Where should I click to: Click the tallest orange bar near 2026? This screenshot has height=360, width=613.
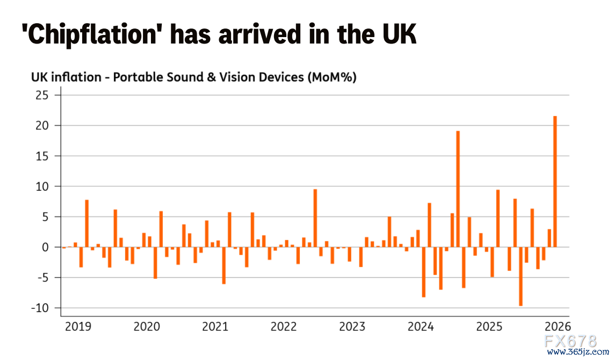click(555, 182)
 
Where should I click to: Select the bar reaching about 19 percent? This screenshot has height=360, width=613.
click(458, 189)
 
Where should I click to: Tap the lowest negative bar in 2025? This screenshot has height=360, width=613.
click(521, 276)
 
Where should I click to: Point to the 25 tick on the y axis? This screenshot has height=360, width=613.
click(42, 95)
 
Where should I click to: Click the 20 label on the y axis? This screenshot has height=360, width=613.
click(42, 126)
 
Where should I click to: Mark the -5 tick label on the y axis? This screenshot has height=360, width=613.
click(41, 278)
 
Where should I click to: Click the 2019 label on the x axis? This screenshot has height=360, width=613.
click(78, 326)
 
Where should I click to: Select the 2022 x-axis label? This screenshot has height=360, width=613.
click(284, 326)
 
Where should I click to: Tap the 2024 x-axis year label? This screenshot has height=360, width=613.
click(421, 326)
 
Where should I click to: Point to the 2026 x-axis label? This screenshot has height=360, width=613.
click(558, 326)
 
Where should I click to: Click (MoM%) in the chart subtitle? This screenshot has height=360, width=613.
click(333, 77)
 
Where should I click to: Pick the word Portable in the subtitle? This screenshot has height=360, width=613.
click(138, 77)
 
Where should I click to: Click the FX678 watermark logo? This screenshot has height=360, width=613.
click(571, 341)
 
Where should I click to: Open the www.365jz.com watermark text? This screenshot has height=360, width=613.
click(578, 352)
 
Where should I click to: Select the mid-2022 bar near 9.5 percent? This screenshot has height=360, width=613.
click(315, 218)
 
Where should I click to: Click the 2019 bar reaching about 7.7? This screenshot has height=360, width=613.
click(87, 224)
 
